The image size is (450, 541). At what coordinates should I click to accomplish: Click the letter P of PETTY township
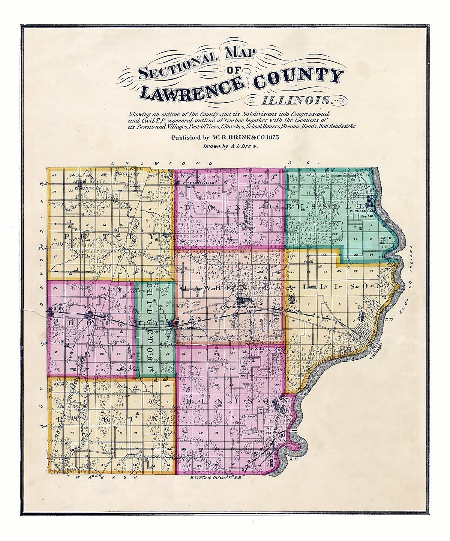[x=67, y=237]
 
